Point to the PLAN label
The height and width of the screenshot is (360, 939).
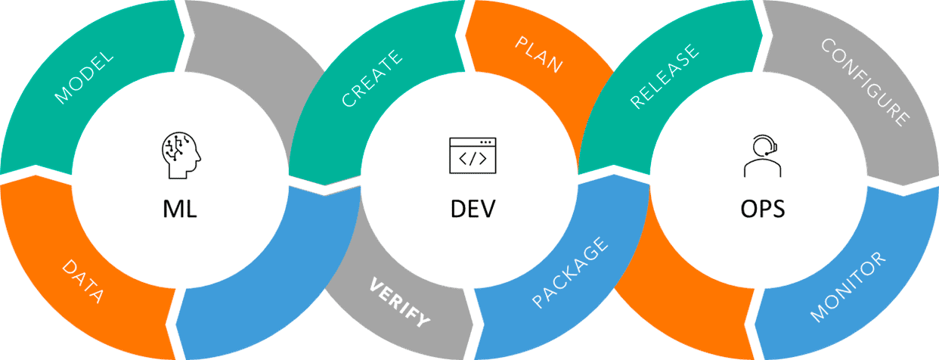pyautogui.click(x=539, y=54)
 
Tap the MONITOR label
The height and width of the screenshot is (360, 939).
pyautogui.click(x=848, y=288)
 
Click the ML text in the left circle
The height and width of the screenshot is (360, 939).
pyautogui.click(x=180, y=207)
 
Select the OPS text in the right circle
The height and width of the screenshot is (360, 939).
pyautogui.click(x=762, y=207)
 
